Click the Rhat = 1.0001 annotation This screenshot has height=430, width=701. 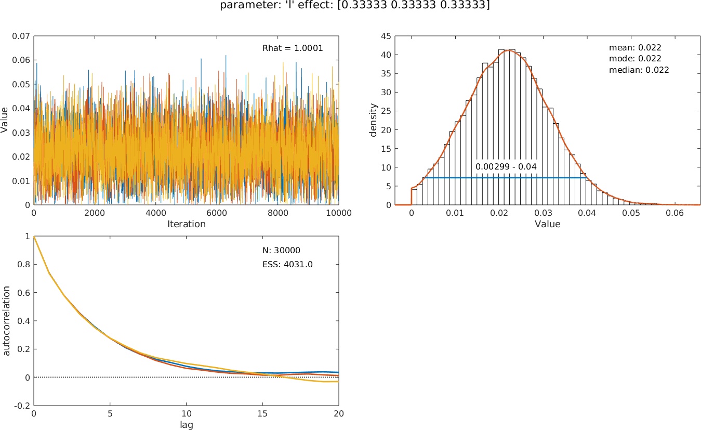tap(293, 48)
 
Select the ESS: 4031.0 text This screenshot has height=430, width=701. tap(287, 264)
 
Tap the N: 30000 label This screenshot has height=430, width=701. tap(281, 250)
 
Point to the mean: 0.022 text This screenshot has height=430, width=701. tap(635, 47)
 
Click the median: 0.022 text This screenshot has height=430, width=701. tap(639, 69)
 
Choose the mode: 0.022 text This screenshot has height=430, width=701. tap(635, 58)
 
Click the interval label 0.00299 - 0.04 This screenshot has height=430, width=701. tap(506, 166)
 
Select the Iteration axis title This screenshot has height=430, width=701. tap(187, 224)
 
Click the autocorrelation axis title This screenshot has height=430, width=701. tap(7, 320)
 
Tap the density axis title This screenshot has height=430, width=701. tap(373, 121)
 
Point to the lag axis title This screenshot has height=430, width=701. tap(186, 424)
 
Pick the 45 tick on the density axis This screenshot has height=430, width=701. tap(386, 36)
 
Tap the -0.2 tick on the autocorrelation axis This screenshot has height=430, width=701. tap(22, 406)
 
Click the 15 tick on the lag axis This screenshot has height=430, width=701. tap(262, 413)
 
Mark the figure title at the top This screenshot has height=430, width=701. tap(350, 5)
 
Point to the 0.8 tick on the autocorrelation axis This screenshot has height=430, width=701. tap(23, 264)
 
